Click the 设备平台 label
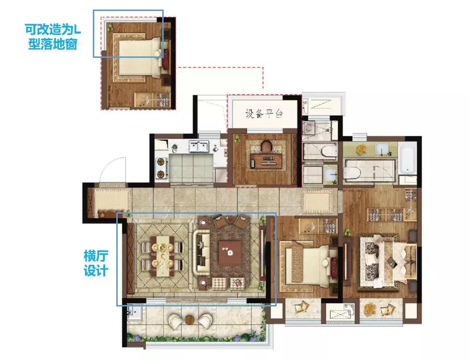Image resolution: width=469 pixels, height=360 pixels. [x=264, y=113]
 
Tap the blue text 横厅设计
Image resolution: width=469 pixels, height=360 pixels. [x=96, y=263]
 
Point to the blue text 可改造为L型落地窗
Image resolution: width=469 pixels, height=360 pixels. [x=53, y=36]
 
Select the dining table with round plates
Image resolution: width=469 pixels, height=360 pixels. [x=162, y=256]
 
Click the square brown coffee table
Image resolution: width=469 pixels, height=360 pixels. [x=230, y=253]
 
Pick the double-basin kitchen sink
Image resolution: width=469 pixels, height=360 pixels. [x=199, y=146]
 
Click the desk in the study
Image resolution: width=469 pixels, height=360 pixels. [x=266, y=161]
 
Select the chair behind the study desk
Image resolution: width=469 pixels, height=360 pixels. [x=266, y=146]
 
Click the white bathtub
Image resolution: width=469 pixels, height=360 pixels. [x=407, y=157]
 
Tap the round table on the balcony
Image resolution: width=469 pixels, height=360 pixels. [x=190, y=320]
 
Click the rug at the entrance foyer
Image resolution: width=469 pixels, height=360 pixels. [x=112, y=200]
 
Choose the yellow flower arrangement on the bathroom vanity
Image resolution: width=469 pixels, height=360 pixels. [x=362, y=148]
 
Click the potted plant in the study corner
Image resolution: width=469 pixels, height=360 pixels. [x=238, y=139]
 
